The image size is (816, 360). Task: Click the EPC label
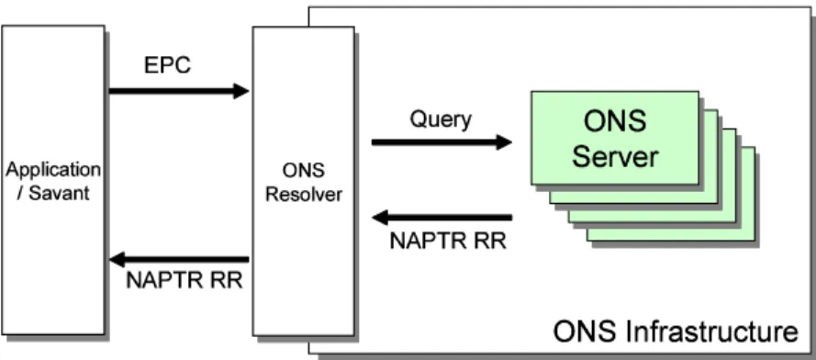pyautogui.click(x=168, y=65)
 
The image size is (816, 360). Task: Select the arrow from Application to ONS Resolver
pyautogui.click(x=179, y=91)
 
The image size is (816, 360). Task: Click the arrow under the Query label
pyautogui.click(x=442, y=141)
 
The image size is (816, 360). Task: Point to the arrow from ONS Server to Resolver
pyautogui.click(x=442, y=217)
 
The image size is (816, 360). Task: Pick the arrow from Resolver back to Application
pyautogui.click(x=180, y=259)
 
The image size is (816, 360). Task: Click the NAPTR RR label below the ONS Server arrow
pyautogui.click(x=448, y=242)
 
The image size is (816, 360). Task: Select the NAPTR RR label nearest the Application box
pyautogui.click(x=184, y=280)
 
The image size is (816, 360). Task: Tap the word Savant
pyautogui.click(x=60, y=194)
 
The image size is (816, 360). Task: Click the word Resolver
pyautogui.click(x=304, y=195)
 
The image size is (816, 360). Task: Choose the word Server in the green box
pyautogui.click(x=615, y=156)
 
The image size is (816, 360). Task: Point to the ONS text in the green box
pyautogui.click(x=615, y=121)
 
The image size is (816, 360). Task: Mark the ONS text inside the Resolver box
pyautogui.click(x=303, y=171)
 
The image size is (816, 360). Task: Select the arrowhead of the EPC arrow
pyautogui.click(x=241, y=91)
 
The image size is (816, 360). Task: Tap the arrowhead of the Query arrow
pyautogui.click(x=504, y=141)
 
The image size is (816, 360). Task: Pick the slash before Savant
pyautogui.click(x=21, y=194)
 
